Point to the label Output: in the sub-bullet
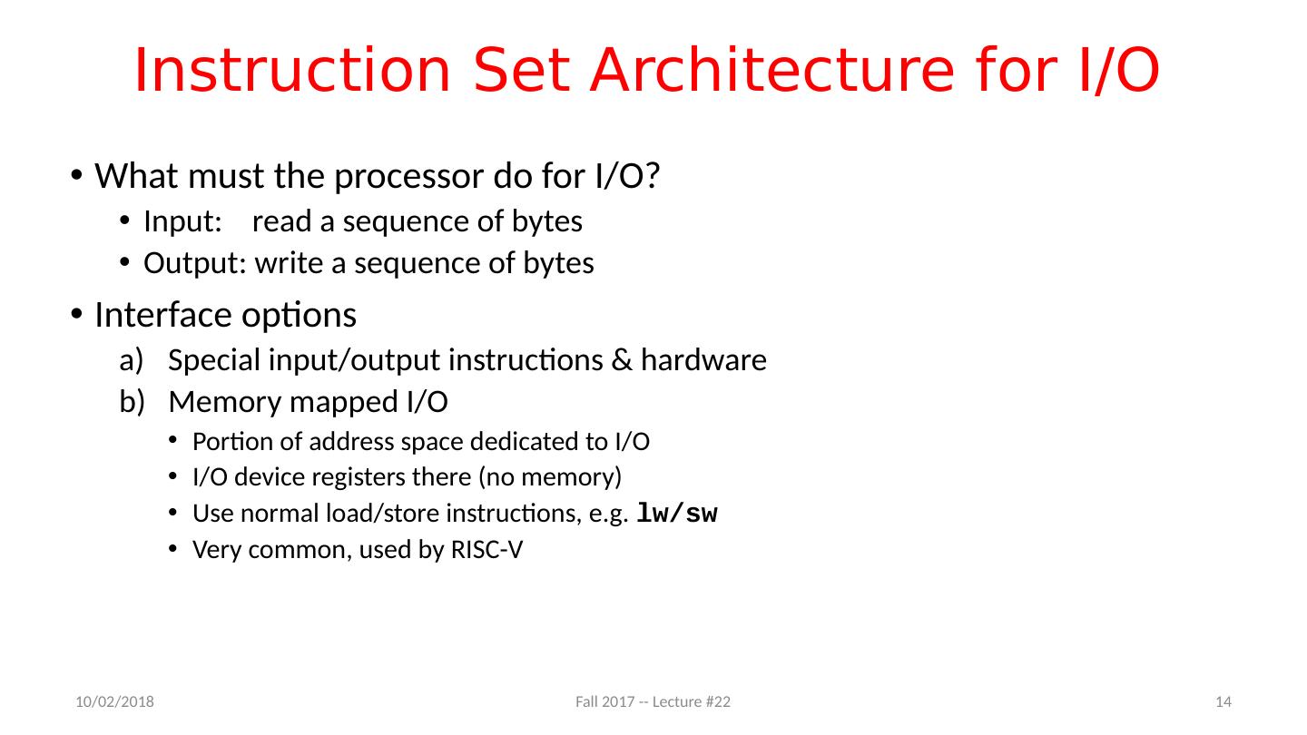194,264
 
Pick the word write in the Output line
286,264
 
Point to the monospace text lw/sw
677,514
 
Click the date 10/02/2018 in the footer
113,702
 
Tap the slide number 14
1223,702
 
